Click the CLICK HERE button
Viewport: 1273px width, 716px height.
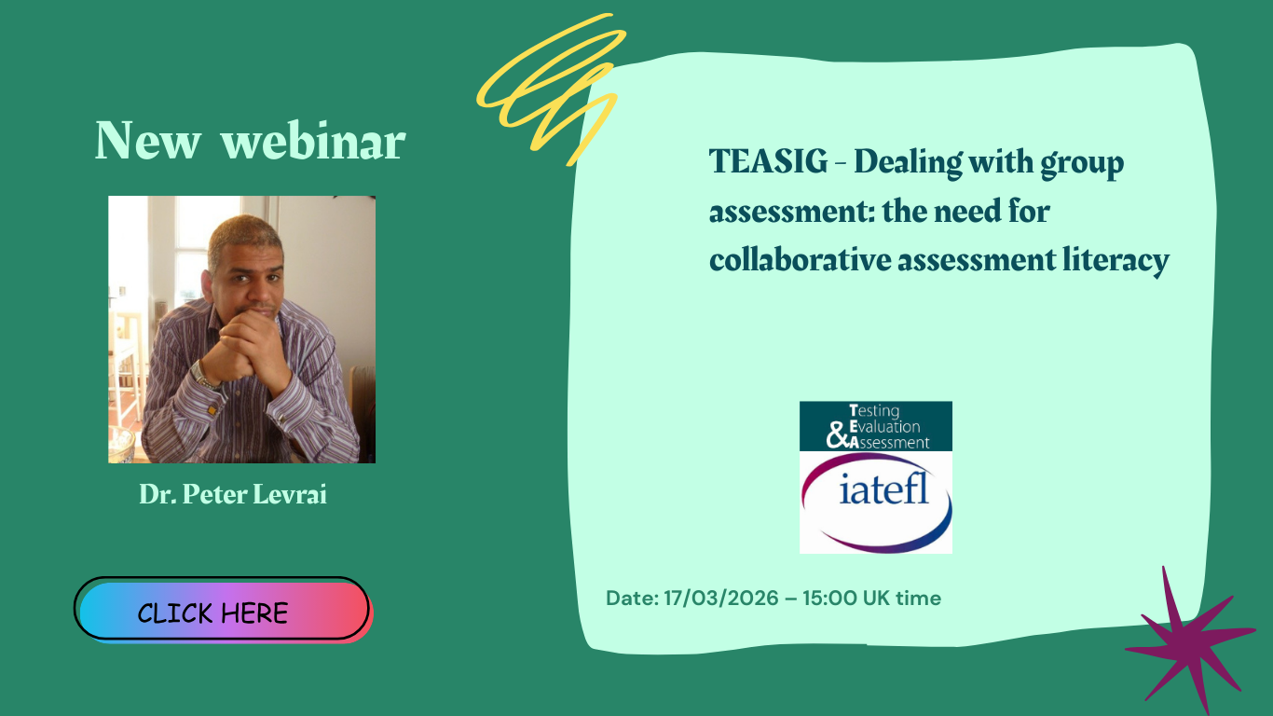[x=222, y=610]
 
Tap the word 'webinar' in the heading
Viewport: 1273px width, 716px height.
[x=313, y=141]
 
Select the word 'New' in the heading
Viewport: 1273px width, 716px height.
[x=148, y=141]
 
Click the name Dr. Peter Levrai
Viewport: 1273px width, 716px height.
[x=233, y=493]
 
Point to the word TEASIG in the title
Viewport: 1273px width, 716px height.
[x=768, y=161]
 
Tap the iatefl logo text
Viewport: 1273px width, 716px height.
[x=883, y=489]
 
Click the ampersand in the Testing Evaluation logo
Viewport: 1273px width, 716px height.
[x=837, y=435]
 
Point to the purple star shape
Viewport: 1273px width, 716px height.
[x=1189, y=636]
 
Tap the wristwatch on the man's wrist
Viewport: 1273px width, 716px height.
[x=200, y=375]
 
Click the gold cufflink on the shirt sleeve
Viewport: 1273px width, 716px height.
[x=212, y=409]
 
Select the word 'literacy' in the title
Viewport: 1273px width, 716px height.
[x=1116, y=260]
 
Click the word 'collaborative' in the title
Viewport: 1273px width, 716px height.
[x=801, y=260]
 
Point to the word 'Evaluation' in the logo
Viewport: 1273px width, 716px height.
[x=884, y=427]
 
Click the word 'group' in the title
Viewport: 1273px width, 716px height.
[x=1082, y=164]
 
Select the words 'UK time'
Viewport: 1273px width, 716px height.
[x=902, y=599]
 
